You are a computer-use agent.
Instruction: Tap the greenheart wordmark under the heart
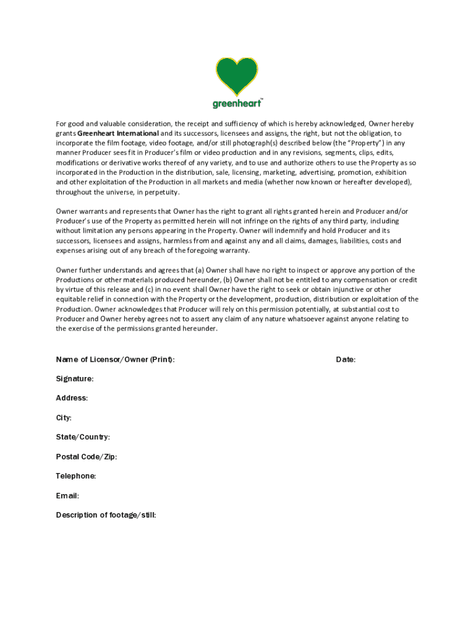point(237,103)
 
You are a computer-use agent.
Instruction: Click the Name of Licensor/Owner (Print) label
point(115,359)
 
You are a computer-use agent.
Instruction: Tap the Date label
point(346,359)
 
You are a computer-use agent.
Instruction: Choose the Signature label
point(75,378)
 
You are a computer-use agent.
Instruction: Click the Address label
point(72,398)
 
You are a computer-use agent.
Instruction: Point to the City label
point(64,418)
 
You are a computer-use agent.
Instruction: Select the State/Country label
point(83,437)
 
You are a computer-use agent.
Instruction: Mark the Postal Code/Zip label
point(86,457)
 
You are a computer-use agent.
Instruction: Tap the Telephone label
point(75,476)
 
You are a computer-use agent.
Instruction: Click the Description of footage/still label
point(106,515)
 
